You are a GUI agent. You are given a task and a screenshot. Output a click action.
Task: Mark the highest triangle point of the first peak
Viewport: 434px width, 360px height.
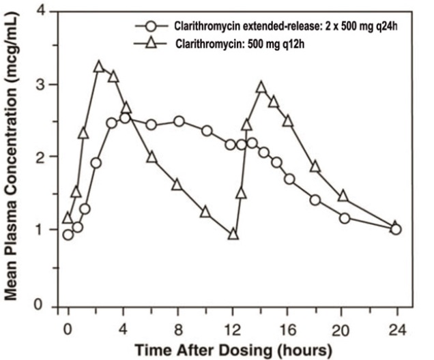point(99,66)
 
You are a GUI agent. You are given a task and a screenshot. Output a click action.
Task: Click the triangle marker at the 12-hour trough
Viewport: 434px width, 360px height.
point(233,234)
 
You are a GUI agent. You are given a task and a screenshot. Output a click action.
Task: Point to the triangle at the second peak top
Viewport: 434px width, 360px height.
point(261,87)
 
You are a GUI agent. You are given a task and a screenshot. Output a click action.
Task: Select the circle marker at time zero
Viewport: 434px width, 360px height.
point(68,235)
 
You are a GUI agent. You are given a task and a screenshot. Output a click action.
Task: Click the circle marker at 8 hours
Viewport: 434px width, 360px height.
point(179,121)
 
